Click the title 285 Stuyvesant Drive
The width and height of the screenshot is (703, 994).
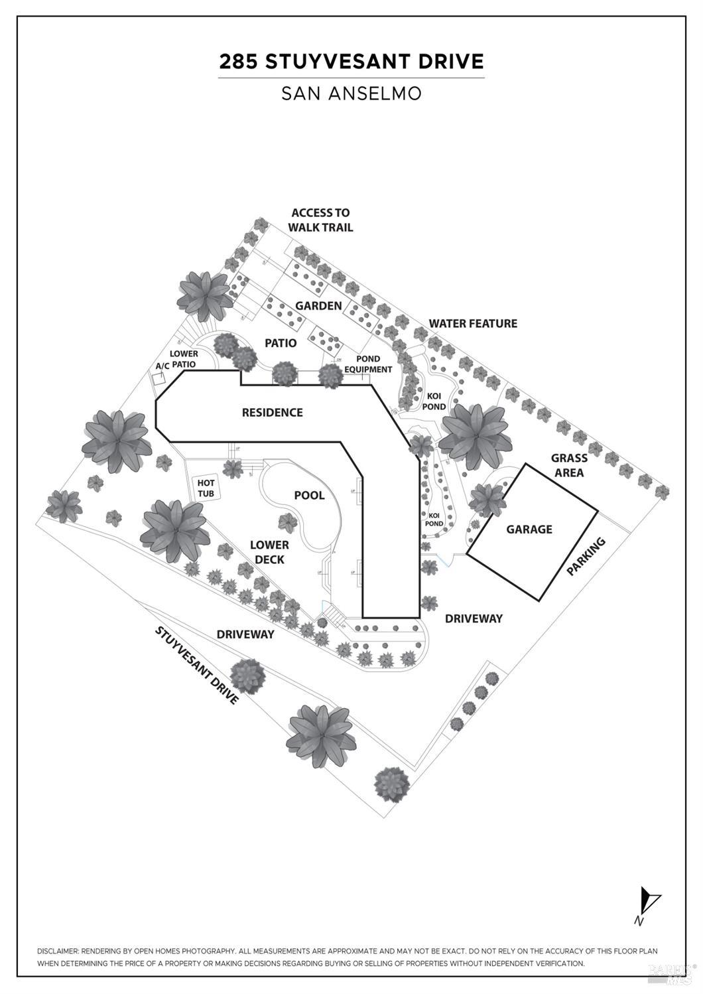point(351,62)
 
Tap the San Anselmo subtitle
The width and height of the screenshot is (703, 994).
point(351,93)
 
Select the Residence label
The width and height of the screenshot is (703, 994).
point(272,412)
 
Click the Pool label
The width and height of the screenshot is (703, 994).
point(309,495)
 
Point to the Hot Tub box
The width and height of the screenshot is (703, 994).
point(206,489)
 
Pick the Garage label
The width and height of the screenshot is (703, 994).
point(529,529)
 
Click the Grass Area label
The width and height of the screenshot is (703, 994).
point(569,465)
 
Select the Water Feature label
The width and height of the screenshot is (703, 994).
point(473,323)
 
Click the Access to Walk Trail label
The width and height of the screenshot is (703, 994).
point(320,220)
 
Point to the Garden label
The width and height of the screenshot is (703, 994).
point(318,306)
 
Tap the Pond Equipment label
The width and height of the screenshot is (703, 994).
point(368,364)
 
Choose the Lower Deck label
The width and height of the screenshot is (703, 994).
point(269,552)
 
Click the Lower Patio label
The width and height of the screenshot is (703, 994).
point(184,359)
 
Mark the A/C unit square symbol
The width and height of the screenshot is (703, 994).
point(159,379)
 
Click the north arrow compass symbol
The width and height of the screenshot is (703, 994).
point(648,903)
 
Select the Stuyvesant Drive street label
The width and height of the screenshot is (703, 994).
point(196,664)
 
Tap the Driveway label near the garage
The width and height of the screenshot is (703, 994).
point(474,618)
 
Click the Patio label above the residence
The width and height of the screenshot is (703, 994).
point(281,343)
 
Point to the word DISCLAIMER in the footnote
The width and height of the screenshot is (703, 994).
point(58,951)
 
